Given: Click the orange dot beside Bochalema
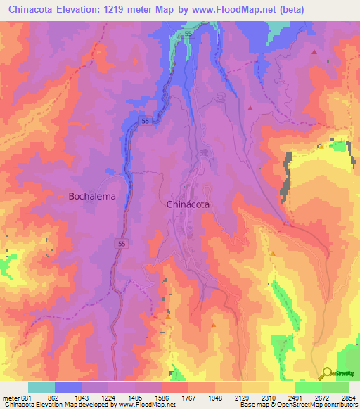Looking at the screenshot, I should point(62,197).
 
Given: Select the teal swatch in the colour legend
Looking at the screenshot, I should point(41,387).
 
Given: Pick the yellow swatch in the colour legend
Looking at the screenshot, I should point(281,387).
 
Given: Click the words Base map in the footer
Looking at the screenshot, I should point(251,404).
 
